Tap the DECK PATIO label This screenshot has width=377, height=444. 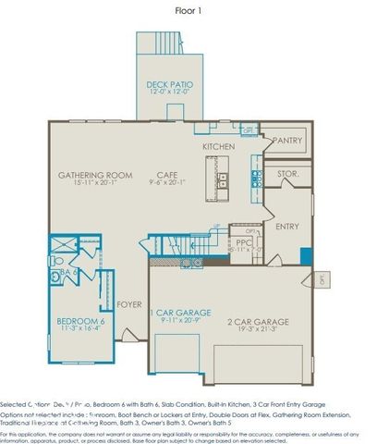169,85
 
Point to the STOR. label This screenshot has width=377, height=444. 287,174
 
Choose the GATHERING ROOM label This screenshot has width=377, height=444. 95,175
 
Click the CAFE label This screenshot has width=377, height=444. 166,175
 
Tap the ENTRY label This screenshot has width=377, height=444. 287,226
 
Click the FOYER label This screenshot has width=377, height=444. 128,302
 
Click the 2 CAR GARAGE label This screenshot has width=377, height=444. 258,321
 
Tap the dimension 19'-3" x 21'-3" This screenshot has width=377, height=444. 258,329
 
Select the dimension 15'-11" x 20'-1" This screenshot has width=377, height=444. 95,183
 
